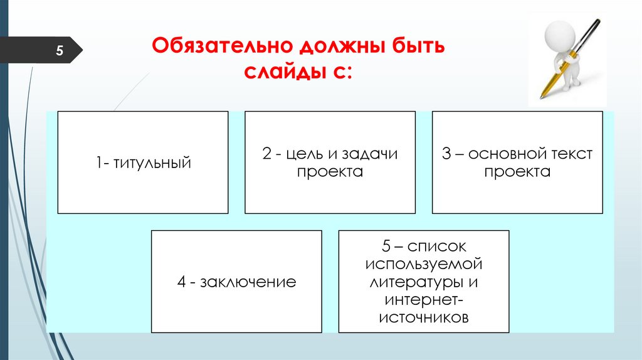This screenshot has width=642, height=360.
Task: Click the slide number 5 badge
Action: [60, 51]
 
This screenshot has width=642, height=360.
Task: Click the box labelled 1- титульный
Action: [143, 163]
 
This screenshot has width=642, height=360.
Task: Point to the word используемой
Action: [424, 263]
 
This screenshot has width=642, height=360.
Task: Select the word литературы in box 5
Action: [416, 282]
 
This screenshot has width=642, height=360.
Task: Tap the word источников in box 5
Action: [424, 317]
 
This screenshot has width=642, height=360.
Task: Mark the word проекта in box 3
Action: [517, 172]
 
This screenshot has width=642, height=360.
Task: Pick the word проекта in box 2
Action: [330, 172]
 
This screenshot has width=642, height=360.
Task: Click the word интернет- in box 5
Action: [424, 300]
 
